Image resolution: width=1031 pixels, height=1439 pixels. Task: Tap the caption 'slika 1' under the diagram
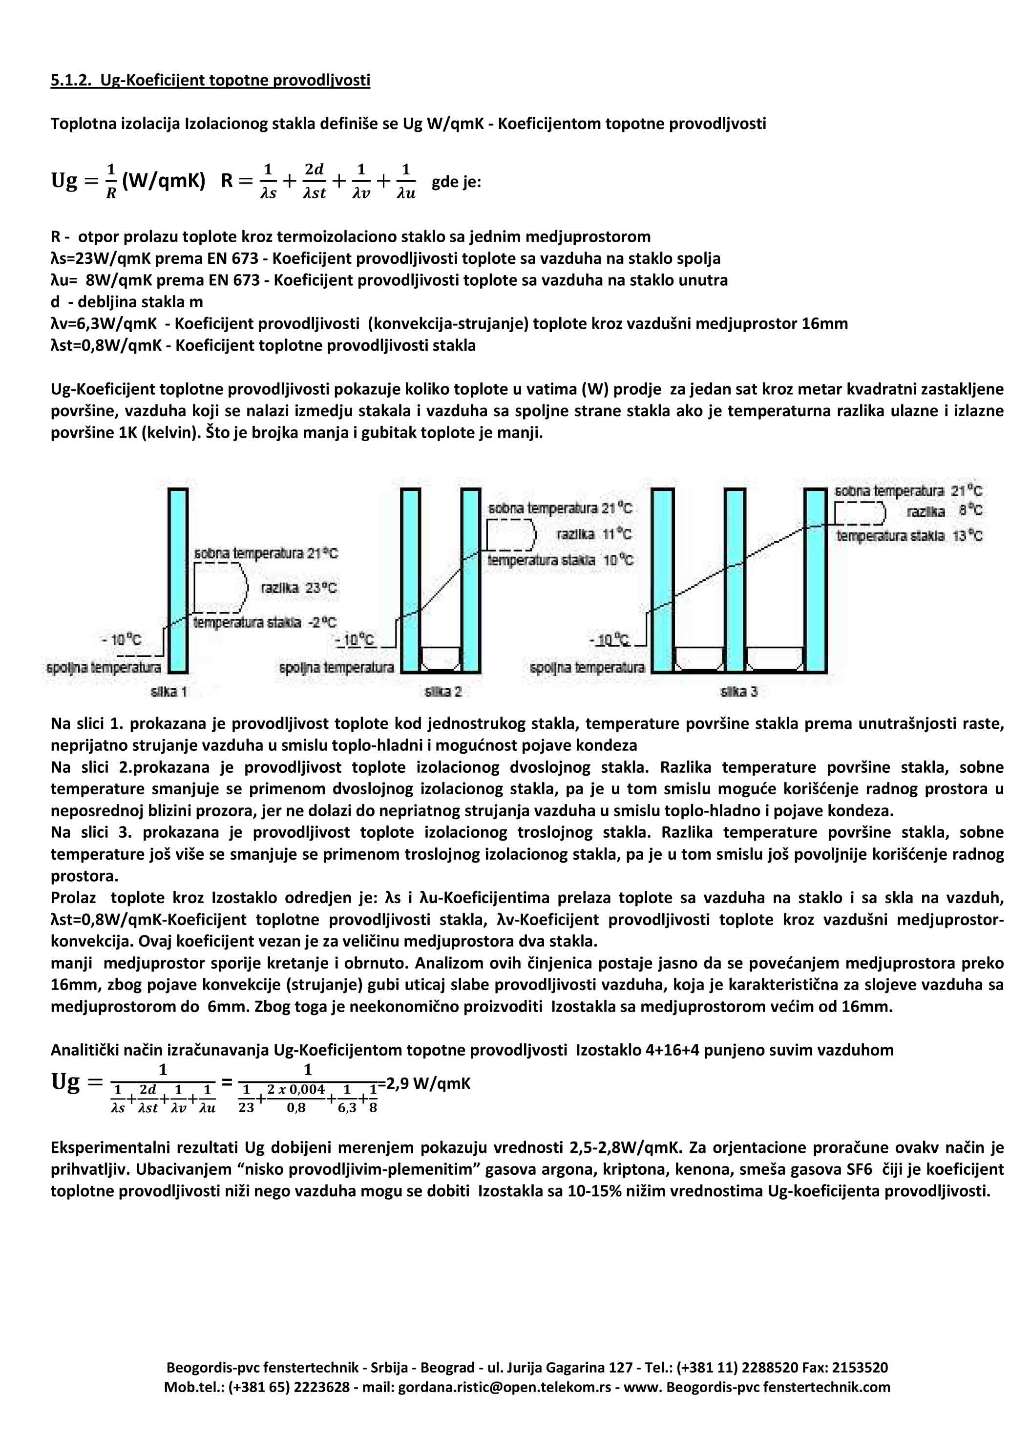169,691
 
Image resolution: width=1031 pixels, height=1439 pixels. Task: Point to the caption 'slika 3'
738,691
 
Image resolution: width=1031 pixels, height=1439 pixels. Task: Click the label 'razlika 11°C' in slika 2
594,534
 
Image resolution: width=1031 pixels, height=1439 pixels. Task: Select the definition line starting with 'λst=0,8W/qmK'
263,346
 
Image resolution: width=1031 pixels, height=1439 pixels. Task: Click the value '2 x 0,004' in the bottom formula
295,1089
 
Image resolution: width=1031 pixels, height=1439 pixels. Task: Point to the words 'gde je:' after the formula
456,182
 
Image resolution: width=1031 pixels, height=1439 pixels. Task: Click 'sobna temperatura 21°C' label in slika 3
908,491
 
